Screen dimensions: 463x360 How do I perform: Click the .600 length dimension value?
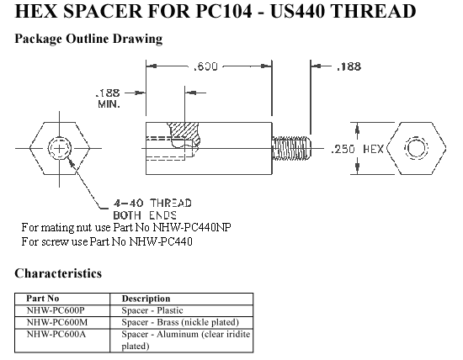pyautogui.click(x=205, y=66)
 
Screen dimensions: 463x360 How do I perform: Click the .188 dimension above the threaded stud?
pyautogui.click(x=349, y=66)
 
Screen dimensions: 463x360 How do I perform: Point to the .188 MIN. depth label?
pyautogui.click(x=108, y=98)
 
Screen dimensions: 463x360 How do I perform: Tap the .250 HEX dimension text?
pyautogui.click(x=357, y=149)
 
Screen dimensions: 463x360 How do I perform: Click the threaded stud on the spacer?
pyautogui.click(x=291, y=148)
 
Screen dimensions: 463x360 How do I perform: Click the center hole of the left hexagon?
pyautogui.click(x=60, y=148)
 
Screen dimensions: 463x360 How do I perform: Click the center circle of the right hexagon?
pyautogui.click(x=416, y=148)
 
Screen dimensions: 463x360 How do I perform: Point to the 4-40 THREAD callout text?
pyautogui.click(x=152, y=204)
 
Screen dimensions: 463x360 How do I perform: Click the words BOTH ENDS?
pyautogui.click(x=145, y=215)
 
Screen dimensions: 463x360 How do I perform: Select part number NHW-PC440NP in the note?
pyautogui.click(x=192, y=227)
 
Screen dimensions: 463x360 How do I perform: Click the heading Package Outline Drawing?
pyautogui.click(x=88, y=39)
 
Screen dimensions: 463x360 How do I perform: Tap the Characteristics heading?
pyautogui.click(x=58, y=273)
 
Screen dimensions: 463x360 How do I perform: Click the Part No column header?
pyautogui.click(x=43, y=299)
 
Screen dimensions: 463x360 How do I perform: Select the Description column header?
pyautogui.click(x=146, y=299)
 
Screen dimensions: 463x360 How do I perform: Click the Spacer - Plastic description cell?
pyautogui.click(x=152, y=310)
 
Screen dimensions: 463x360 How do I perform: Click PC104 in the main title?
pyautogui.click(x=224, y=11)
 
